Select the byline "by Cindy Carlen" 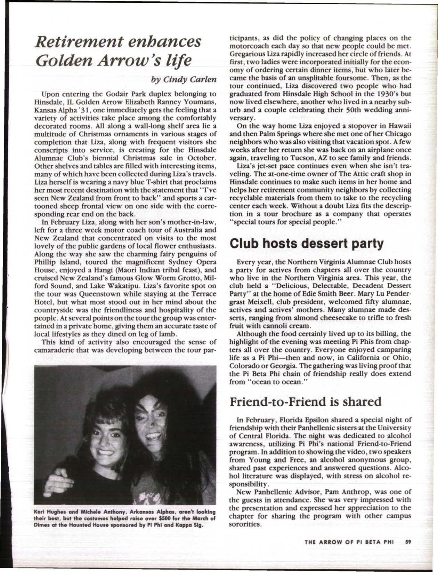(x=184, y=79)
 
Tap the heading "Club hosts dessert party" (x=307, y=244)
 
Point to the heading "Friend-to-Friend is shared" (x=306, y=402)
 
